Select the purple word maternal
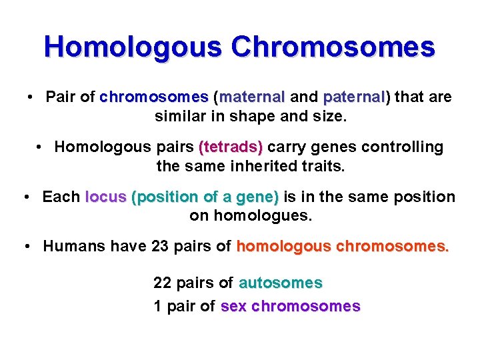(251, 97)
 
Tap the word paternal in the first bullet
(354, 97)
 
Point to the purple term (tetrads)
(231, 147)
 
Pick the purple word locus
(106, 197)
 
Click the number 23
(160, 246)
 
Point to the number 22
(162, 283)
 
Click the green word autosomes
(280, 283)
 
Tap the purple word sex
(233, 306)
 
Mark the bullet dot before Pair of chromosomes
(31, 97)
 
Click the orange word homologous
(283, 246)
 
